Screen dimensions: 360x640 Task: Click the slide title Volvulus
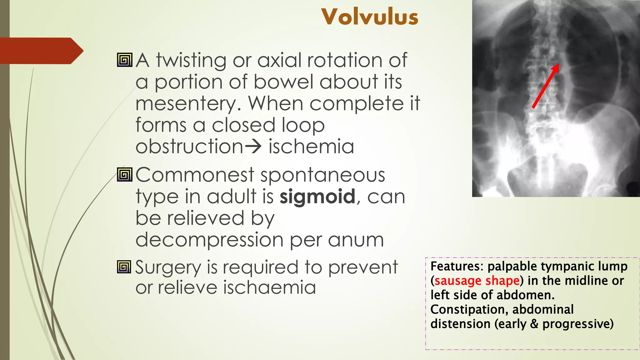click(x=370, y=17)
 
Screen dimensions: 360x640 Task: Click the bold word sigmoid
click(x=317, y=197)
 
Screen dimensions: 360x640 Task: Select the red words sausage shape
click(x=477, y=281)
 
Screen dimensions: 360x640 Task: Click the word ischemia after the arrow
click(x=311, y=146)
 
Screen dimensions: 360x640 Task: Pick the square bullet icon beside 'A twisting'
click(x=124, y=60)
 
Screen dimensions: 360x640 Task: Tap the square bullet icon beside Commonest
click(x=124, y=175)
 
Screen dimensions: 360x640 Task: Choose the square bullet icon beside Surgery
click(x=124, y=267)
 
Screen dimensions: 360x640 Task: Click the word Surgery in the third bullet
click(x=168, y=268)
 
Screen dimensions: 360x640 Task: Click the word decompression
click(x=209, y=240)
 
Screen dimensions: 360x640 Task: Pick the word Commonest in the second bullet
click(x=195, y=175)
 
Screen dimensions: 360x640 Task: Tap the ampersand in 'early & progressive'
click(x=534, y=324)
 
